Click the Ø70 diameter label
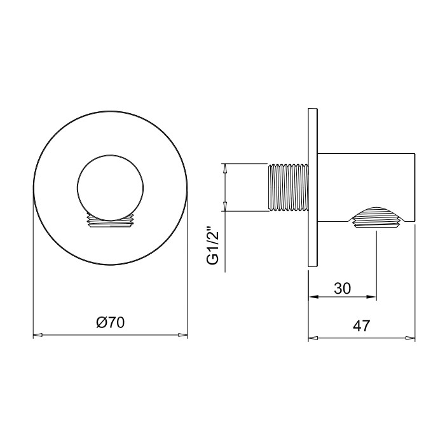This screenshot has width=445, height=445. [111, 323]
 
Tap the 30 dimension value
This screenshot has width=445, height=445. [342, 289]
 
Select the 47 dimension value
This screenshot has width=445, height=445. [362, 326]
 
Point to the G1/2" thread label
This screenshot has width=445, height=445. [213, 245]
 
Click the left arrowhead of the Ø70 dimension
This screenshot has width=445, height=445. [38, 335]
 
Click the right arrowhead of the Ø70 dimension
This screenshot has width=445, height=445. [183, 335]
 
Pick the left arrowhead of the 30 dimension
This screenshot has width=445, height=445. [313, 297]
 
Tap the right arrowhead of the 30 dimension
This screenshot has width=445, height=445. [372, 297]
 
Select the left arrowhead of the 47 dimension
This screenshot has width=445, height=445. [313, 338]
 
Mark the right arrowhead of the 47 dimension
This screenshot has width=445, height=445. [411, 338]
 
